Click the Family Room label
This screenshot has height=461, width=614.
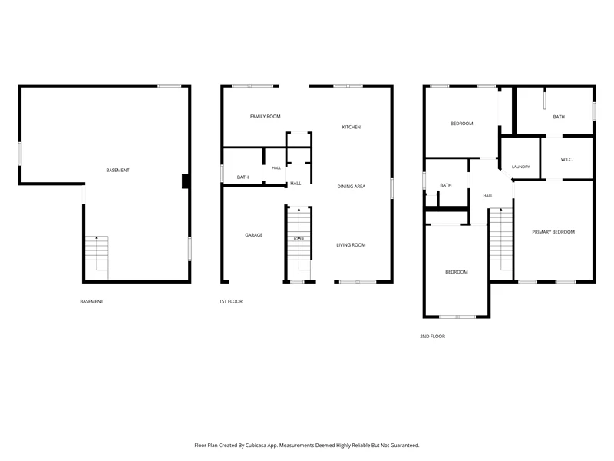[265, 117]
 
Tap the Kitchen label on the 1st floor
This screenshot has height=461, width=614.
[352, 127]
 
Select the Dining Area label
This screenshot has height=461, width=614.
[352, 187]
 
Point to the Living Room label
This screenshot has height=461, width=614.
[351, 245]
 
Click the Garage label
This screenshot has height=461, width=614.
[254, 235]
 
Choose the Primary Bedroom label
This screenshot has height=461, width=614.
[553, 232]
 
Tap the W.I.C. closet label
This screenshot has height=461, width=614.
[566, 160]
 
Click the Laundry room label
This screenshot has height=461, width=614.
[521, 167]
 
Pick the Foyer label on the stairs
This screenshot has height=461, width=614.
[299, 239]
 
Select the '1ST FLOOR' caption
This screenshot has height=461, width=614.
[231, 301]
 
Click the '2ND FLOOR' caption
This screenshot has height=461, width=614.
[432, 337]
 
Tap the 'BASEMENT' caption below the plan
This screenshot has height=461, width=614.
[91, 301]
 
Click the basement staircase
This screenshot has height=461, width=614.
[97, 258]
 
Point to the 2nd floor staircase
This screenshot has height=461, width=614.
[501, 239]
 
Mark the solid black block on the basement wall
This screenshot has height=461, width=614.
[186, 181]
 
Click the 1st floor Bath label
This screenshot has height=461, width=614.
[243, 177]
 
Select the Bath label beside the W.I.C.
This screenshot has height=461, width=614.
[559, 117]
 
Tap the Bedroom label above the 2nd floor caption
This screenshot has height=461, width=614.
[457, 272]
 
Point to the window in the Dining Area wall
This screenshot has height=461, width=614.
[391, 188]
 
